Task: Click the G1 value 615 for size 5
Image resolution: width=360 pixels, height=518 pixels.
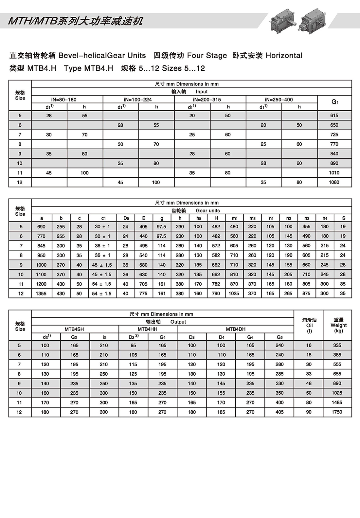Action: [x=334, y=116]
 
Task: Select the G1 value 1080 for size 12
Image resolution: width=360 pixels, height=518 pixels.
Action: [x=334, y=182]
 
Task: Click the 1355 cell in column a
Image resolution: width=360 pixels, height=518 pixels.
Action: [x=41, y=294]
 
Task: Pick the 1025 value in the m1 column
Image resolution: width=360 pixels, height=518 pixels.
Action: [x=234, y=294]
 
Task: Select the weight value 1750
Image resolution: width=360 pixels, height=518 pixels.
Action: [x=337, y=412]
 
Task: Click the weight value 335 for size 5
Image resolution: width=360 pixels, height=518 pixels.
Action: [x=337, y=345]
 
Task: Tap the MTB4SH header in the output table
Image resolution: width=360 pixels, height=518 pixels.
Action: [x=74, y=329]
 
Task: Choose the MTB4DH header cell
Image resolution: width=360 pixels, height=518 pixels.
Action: [x=235, y=329]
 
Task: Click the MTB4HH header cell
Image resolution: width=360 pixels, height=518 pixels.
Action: [x=148, y=329]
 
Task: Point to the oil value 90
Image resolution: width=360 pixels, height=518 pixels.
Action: [x=309, y=412]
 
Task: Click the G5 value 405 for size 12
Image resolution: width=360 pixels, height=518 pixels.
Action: [x=279, y=412]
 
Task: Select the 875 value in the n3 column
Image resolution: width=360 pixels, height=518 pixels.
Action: [x=306, y=294]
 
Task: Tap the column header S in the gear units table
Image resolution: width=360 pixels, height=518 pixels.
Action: [x=343, y=218]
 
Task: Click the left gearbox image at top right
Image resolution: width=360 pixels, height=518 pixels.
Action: [x=283, y=20]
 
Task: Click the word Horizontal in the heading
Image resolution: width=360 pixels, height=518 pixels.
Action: [x=284, y=56]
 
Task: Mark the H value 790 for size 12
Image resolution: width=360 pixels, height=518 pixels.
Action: [x=216, y=294]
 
